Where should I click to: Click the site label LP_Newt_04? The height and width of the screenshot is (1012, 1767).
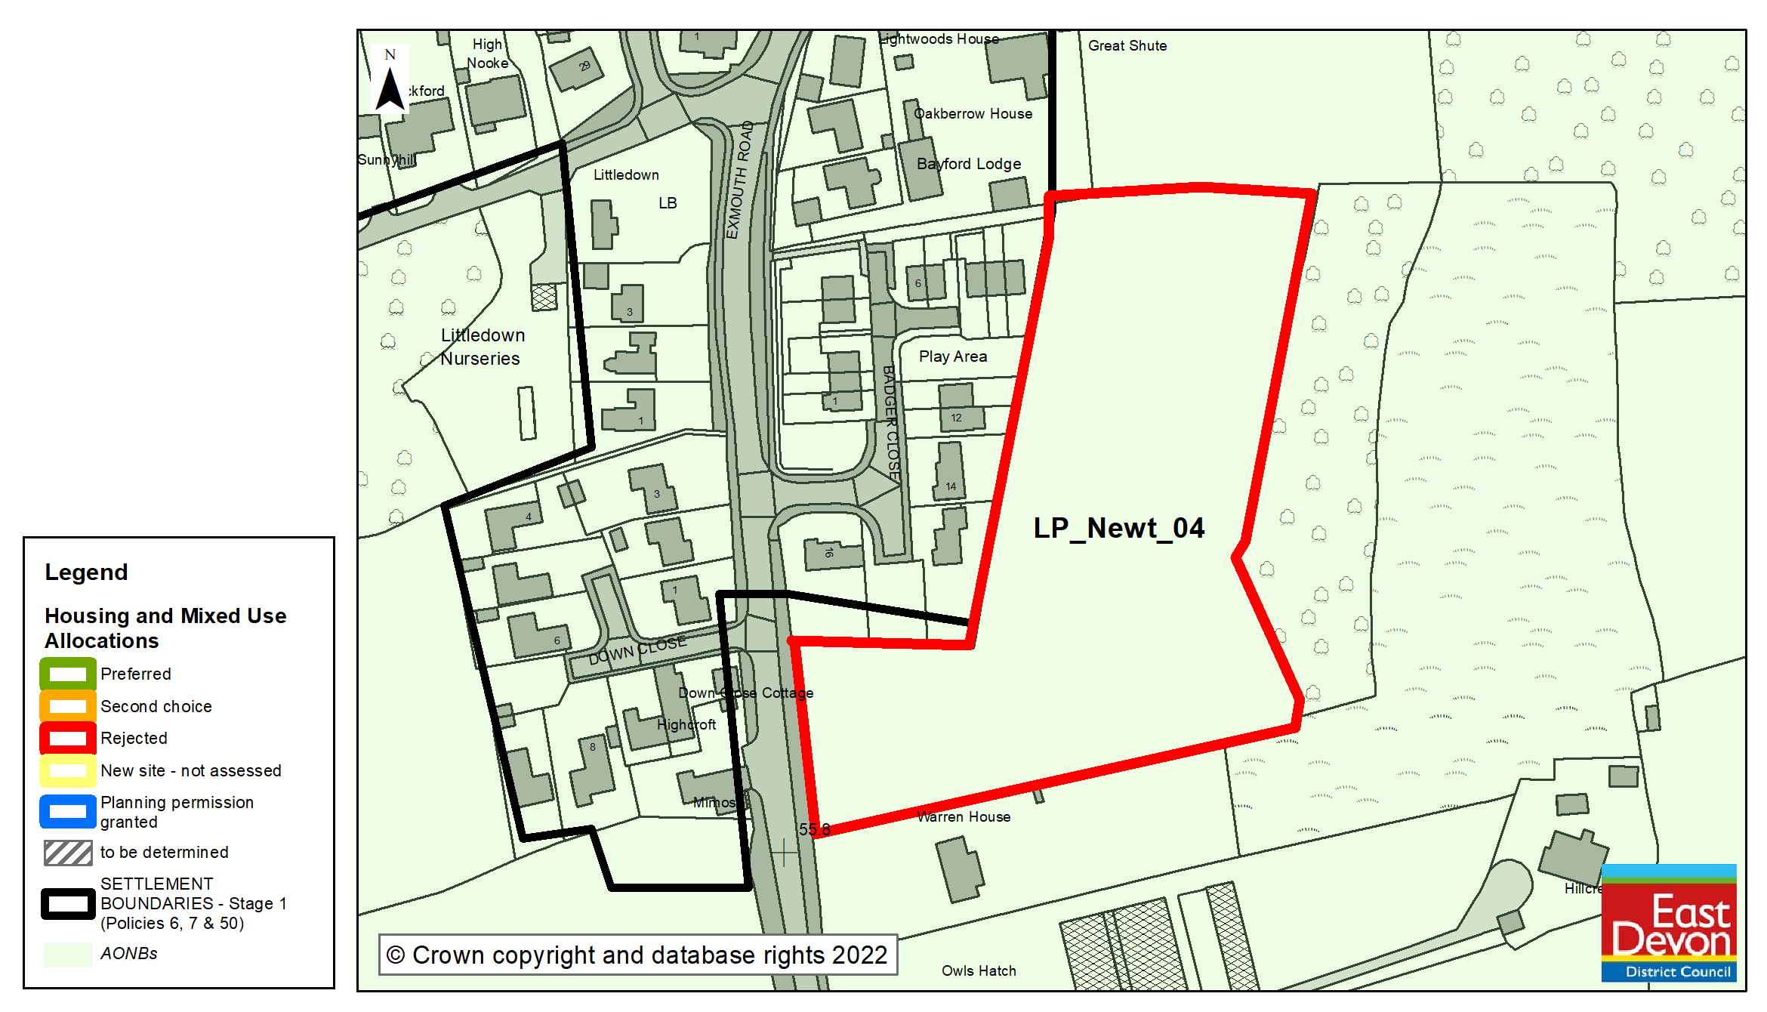coord(1118,528)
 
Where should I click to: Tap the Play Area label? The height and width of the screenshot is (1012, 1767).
coord(952,356)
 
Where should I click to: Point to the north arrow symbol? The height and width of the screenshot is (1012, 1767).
coord(390,82)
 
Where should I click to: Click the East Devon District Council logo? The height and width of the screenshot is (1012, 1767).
coord(1668,923)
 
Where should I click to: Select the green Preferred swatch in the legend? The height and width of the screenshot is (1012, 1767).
coord(68,674)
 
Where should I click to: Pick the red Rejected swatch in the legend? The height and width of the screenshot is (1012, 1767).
coord(68,738)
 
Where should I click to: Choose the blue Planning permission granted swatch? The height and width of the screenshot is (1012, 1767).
coord(68,811)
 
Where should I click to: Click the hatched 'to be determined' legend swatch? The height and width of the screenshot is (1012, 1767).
coord(68,853)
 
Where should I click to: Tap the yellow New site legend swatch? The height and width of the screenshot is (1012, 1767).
coord(68,770)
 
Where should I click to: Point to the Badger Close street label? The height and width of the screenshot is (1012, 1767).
coord(891,423)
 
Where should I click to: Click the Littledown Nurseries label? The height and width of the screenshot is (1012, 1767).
coord(482,347)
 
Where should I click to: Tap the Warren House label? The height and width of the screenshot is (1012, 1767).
coord(964,816)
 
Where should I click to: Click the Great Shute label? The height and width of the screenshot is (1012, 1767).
coord(1127,46)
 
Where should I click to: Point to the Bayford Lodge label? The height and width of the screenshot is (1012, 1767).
coord(968,164)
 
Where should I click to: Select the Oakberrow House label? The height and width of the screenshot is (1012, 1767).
coord(973,114)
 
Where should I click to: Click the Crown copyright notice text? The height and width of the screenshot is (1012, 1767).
coord(637,955)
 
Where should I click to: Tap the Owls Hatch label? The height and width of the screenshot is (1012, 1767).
coord(979,970)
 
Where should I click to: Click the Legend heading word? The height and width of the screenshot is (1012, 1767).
coord(86,572)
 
